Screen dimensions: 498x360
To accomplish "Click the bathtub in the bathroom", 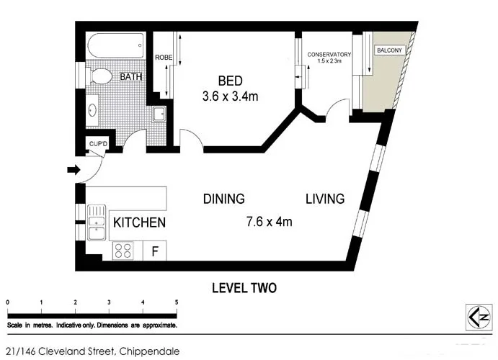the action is (x=116, y=45).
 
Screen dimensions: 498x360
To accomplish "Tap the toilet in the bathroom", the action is (x=99, y=76).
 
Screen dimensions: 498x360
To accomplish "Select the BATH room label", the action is (x=130, y=77).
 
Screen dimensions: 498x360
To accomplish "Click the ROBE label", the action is (x=164, y=58).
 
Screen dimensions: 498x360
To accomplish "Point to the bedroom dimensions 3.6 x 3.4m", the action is (x=230, y=96).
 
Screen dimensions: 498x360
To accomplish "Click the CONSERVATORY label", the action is (x=329, y=55).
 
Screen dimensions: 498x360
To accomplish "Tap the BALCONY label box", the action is (x=389, y=50).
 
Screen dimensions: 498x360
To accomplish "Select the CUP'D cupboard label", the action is (x=98, y=144).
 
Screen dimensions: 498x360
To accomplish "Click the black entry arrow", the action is (x=74, y=170).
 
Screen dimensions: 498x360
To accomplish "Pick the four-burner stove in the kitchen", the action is (x=123, y=251).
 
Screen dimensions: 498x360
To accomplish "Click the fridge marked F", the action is (x=155, y=251).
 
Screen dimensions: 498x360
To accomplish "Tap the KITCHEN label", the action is (x=139, y=222).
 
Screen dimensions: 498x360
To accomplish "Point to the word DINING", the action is (x=224, y=199).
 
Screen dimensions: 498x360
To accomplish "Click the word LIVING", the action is (x=325, y=199).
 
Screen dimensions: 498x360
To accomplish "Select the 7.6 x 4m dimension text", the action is (x=270, y=221).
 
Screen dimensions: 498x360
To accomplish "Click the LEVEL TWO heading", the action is (x=244, y=288).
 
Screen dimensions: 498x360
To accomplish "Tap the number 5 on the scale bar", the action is (x=177, y=302).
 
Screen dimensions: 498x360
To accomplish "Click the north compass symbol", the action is (x=479, y=318).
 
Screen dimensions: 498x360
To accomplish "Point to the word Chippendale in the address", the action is (x=149, y=351).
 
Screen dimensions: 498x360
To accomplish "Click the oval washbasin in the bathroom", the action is (x=93, y=110).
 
